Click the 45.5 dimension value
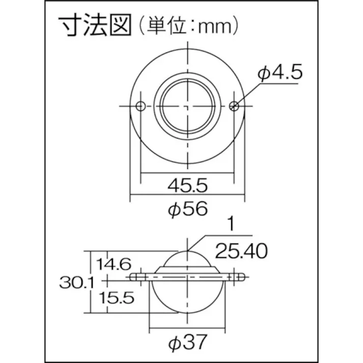pyautogui.click(x=187, y=186)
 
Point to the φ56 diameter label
pyautogui.click(x=187, y=209)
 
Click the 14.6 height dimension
pyautogui.click(x=115, y=264)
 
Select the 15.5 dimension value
pyautogui.click(x=116, y=298)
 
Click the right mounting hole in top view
pyautogui.click(x=234, y=105)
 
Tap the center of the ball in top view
pyautogui.click(x=187, y=105)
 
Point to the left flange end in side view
pyautogui.click(x=134, y=277)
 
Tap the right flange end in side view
pyautogui.click(x=240, y=277)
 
